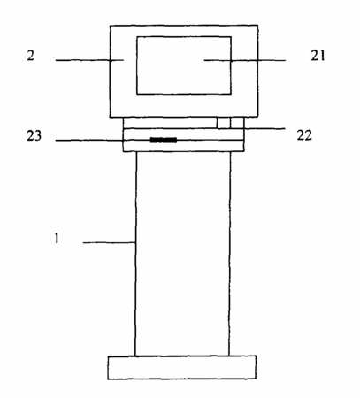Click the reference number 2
(x=31, y=55)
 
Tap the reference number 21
(x=318, y=55)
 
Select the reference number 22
(x=304, y=135)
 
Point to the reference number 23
(x=34, y=136)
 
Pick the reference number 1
(x=57, y=238)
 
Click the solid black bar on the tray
(x=164, y=140)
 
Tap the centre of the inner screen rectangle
(x=184, y=65)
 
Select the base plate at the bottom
(x=181, y=367)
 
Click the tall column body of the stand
(x=183, y=254)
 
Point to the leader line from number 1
(x=109, y=242)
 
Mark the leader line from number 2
(x=89, y=60)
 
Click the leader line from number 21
(x=245, y=60)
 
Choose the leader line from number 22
(x=264, y=128)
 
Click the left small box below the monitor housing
(x=223, y=123)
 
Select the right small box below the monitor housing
(x=237, y=123)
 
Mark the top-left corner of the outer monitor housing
(x=111, y=26)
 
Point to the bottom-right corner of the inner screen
(x=231, y=94)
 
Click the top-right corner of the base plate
(x=256, y=356)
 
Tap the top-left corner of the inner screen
(x=137, y=37)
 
